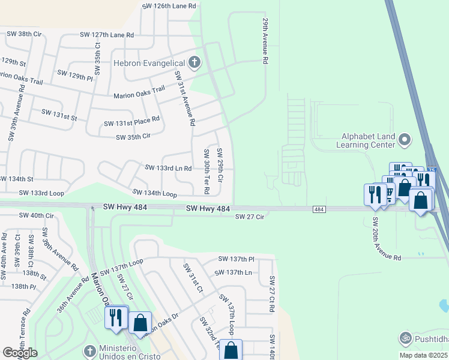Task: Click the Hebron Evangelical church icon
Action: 194,62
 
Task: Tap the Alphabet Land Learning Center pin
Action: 405,140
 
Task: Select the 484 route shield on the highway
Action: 319,209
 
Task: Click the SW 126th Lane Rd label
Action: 169,6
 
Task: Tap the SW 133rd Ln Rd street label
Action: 168,169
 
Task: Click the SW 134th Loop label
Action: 155,193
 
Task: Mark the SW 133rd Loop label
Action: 41,193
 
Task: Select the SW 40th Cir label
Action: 36,215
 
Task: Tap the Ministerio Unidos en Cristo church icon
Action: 89,350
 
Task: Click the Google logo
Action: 20,353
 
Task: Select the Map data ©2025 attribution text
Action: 423,355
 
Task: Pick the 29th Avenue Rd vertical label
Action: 264,41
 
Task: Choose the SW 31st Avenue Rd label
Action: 185,98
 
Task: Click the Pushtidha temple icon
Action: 405,338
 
